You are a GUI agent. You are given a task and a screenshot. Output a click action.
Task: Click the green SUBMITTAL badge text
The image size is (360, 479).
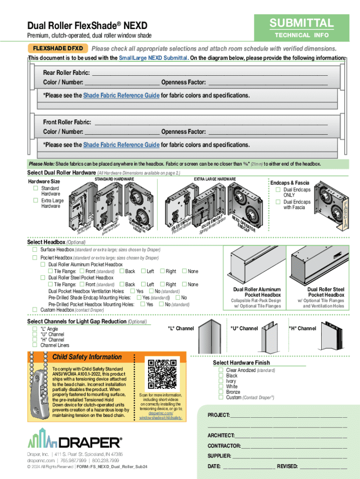click(x=301, y=23)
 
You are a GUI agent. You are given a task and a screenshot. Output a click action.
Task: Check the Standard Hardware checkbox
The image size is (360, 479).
click(x=35, y=188)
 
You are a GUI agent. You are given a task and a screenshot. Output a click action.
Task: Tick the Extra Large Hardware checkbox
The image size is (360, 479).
click(x=35, y=200)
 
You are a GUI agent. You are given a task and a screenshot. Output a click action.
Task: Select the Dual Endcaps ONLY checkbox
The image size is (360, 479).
click(x=278, y=189)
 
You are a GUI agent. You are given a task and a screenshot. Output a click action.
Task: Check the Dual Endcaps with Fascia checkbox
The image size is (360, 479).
click(x=278, y=202)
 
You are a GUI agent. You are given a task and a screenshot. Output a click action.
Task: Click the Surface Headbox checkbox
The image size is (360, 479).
click(x=35, y=250)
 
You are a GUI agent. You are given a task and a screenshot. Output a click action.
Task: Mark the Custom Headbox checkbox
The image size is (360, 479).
click(x=35, y=310)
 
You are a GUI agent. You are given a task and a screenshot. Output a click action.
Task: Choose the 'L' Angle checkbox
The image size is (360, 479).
click(x=35, y=329)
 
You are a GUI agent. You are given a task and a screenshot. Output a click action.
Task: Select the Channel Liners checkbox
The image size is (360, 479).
click(x=35, y=345)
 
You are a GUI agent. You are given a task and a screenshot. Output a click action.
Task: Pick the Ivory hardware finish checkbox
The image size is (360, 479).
click(x=221, y=381)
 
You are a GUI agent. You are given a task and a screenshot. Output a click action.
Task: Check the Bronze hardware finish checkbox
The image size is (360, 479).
click(x=221, y=392)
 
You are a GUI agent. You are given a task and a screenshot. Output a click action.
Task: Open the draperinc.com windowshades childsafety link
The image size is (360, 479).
click(x=160, y=415)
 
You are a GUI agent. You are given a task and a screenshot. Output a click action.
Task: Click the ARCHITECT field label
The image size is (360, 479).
click(x=221, y=435)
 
